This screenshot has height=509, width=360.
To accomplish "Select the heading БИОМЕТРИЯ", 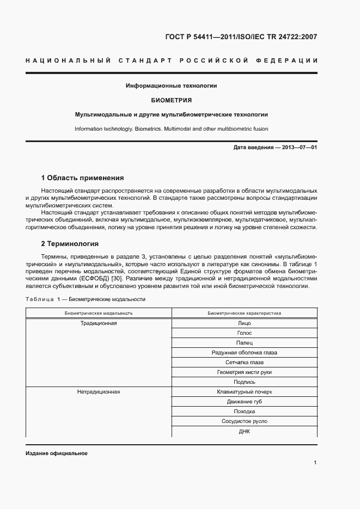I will pyautogui.click(x=171, y=100).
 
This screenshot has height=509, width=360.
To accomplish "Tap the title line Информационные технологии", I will pyautogui.click(x=171, y=86).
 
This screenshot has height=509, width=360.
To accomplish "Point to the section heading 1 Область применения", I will pyautogui.click(x=82, y=177).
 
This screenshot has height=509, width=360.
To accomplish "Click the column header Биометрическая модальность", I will pyautogui.click(x=99, y=313).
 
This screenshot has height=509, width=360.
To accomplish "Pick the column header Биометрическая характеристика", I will pyautogui.click(x=244, y=313).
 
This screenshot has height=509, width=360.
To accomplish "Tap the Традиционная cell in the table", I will pyautogui.click(x=99, y=323).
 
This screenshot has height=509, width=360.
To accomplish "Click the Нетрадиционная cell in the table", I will pyautogui.click(x=99, y=391).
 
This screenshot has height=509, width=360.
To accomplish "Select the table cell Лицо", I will pyautogui.click(x=244, y=323).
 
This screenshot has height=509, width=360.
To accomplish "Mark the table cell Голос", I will pyautogui.click(x=244, y=333).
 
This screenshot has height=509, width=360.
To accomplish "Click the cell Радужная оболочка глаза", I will pyautogui.click(x=244, y=353).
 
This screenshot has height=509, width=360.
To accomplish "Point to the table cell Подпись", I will pyautogui.click(x=244, y=382).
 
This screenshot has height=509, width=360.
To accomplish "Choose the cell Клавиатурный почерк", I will pyautogui.click(x=244, y=392).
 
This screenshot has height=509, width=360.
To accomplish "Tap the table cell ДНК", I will pyautogui.click(x=244, y=431).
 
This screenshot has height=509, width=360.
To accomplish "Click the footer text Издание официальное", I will pyautogui.click(x=56, y=453).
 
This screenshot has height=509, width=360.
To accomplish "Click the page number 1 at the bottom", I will pyautogui.click(x=315, y=463).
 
